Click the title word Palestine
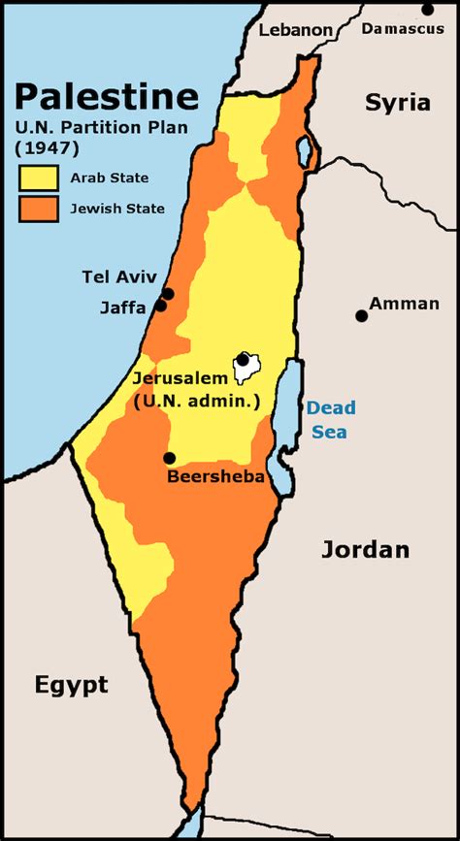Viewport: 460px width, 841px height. (x=106, y=96)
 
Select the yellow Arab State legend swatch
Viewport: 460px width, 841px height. (x=39, y=178)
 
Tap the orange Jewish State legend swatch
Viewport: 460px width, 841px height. (x=39, y=209)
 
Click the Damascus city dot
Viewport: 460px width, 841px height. (x=428, y=10)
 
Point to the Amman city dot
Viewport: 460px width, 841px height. (x=361, y=315)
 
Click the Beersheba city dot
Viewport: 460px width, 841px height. (x=169, y=458)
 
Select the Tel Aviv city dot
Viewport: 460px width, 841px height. (x=168, y=293)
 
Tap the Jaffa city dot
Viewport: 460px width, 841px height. (x=161, y=307)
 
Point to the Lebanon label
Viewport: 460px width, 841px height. (x=295, y=30)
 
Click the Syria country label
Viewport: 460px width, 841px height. (x=397, y=103)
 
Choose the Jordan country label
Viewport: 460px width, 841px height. (x=365, y=550)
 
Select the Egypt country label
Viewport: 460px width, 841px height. (x=71, y=686)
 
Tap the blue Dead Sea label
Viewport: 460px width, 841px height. (x=331, y=420)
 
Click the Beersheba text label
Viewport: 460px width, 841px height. (x=215, y=477)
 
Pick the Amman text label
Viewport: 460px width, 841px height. (x=404, y=304)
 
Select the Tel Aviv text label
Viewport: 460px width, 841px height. (x=118, y=277)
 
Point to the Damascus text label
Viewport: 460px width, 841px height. (x=402, y=29)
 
